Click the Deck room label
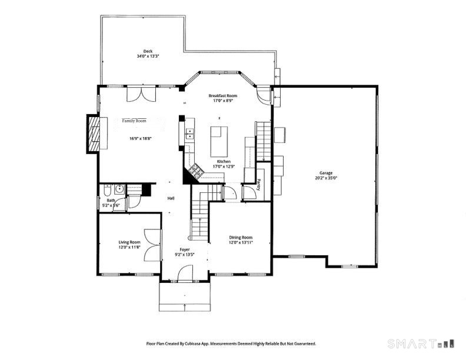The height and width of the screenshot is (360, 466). click(148, 51)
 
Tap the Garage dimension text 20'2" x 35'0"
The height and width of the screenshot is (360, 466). click(326, 178)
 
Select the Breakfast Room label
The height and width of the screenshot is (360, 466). click(223, 96)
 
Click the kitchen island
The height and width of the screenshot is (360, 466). click(219, 142)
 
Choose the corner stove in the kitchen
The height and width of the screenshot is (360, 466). click(195, 171)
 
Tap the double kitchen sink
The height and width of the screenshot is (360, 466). click(189, 134)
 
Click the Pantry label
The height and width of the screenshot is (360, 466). click(259, 185)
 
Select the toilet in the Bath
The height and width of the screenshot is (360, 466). click(107, 190)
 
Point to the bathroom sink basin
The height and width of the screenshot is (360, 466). click(119, 189)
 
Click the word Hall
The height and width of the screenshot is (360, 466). click(171, 198)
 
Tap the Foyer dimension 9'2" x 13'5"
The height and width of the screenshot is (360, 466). click(185, 254)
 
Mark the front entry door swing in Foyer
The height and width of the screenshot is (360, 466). click(185, 273)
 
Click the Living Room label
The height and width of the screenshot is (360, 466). click(129, 242)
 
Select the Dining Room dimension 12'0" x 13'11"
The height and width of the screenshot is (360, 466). click(241, 242)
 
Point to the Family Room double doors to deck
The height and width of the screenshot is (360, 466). click(141, 94)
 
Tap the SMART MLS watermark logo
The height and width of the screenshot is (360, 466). click(421, 344)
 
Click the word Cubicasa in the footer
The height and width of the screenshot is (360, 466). click(192, 344)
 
